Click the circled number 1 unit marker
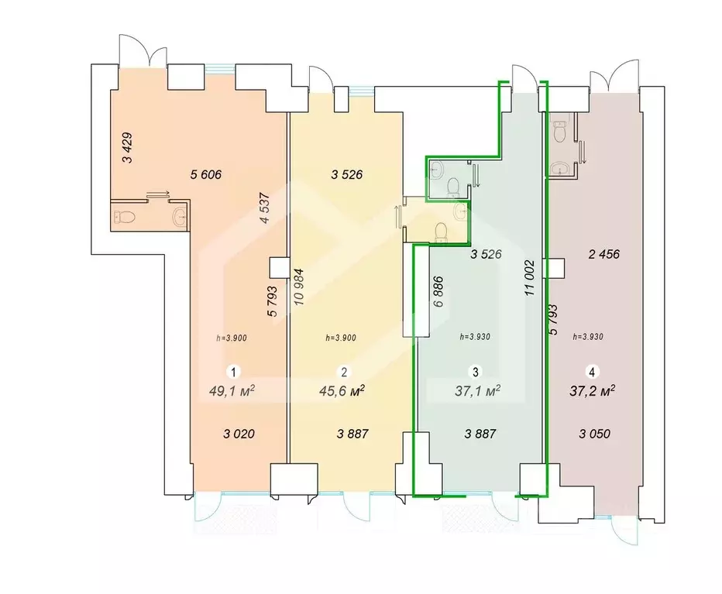point(234,371)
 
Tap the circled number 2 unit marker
point(344,371)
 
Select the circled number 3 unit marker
point(475,371)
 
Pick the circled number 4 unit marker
point(592,371)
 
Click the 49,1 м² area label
point(232,391)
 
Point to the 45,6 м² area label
point(342,391)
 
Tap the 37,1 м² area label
point(477,391)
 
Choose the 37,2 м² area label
point(593,391)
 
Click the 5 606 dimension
point(206,174)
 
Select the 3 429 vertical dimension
point(127,148)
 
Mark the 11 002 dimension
point(530,278)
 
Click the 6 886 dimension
point(438,291)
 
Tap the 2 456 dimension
point(604,254)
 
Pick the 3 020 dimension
point(239,434)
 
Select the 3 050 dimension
point(595,434)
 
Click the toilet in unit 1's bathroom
point(123,216)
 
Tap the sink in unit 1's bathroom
point(180,215)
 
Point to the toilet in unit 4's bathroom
point(559,131)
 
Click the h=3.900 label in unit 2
point(341,338)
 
